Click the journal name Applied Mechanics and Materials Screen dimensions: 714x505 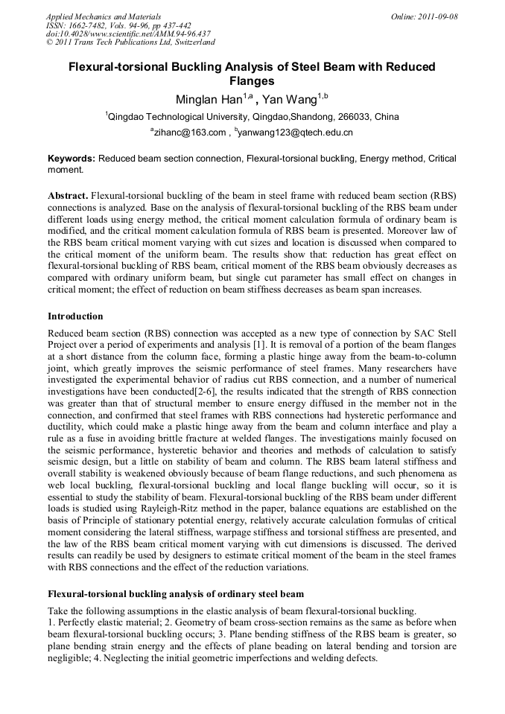pyautogui.click(x=104, y=16)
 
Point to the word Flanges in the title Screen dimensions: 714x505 pyautogui.click(x=252, y=81)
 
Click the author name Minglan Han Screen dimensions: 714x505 pyautogui.click(x=204, y=100)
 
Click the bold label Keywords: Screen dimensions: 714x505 pyautogui.click(x=72, y=159)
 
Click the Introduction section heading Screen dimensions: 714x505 pyautogui.click(x=75, y=316)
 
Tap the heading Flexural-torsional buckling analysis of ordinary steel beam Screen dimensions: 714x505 pyautogui.click(x=176, y=594)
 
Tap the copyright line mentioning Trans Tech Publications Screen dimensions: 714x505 pyautogui.click(x=130, y=42)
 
